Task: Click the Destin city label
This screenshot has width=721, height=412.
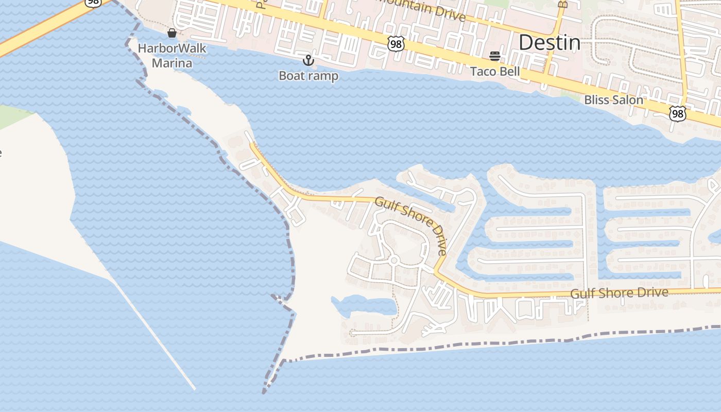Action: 549,42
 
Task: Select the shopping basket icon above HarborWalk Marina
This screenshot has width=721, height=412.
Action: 172,33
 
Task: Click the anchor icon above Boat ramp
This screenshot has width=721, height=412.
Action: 308,61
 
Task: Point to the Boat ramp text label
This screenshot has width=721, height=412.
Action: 308,76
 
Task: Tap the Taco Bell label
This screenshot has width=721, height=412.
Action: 495,72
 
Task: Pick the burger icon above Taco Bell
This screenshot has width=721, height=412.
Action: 495,56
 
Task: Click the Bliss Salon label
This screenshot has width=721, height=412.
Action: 613,100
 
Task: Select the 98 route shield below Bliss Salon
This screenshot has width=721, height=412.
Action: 677,113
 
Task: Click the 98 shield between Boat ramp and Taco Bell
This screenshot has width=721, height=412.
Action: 396,44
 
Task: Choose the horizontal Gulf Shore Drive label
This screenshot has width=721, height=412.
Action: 619,293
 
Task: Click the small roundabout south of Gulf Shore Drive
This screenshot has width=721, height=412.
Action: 394,261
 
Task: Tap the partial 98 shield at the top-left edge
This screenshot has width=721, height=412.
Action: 93,3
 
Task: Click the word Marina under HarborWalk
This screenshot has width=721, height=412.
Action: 172,63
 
